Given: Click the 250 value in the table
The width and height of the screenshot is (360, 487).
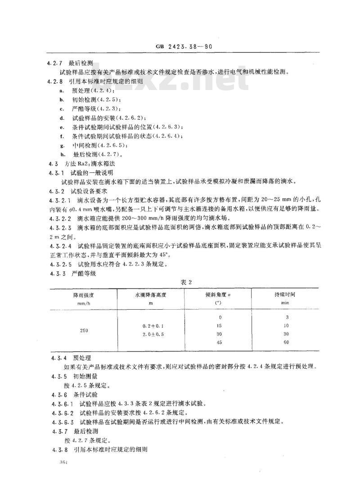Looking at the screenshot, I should pos(84,331).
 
